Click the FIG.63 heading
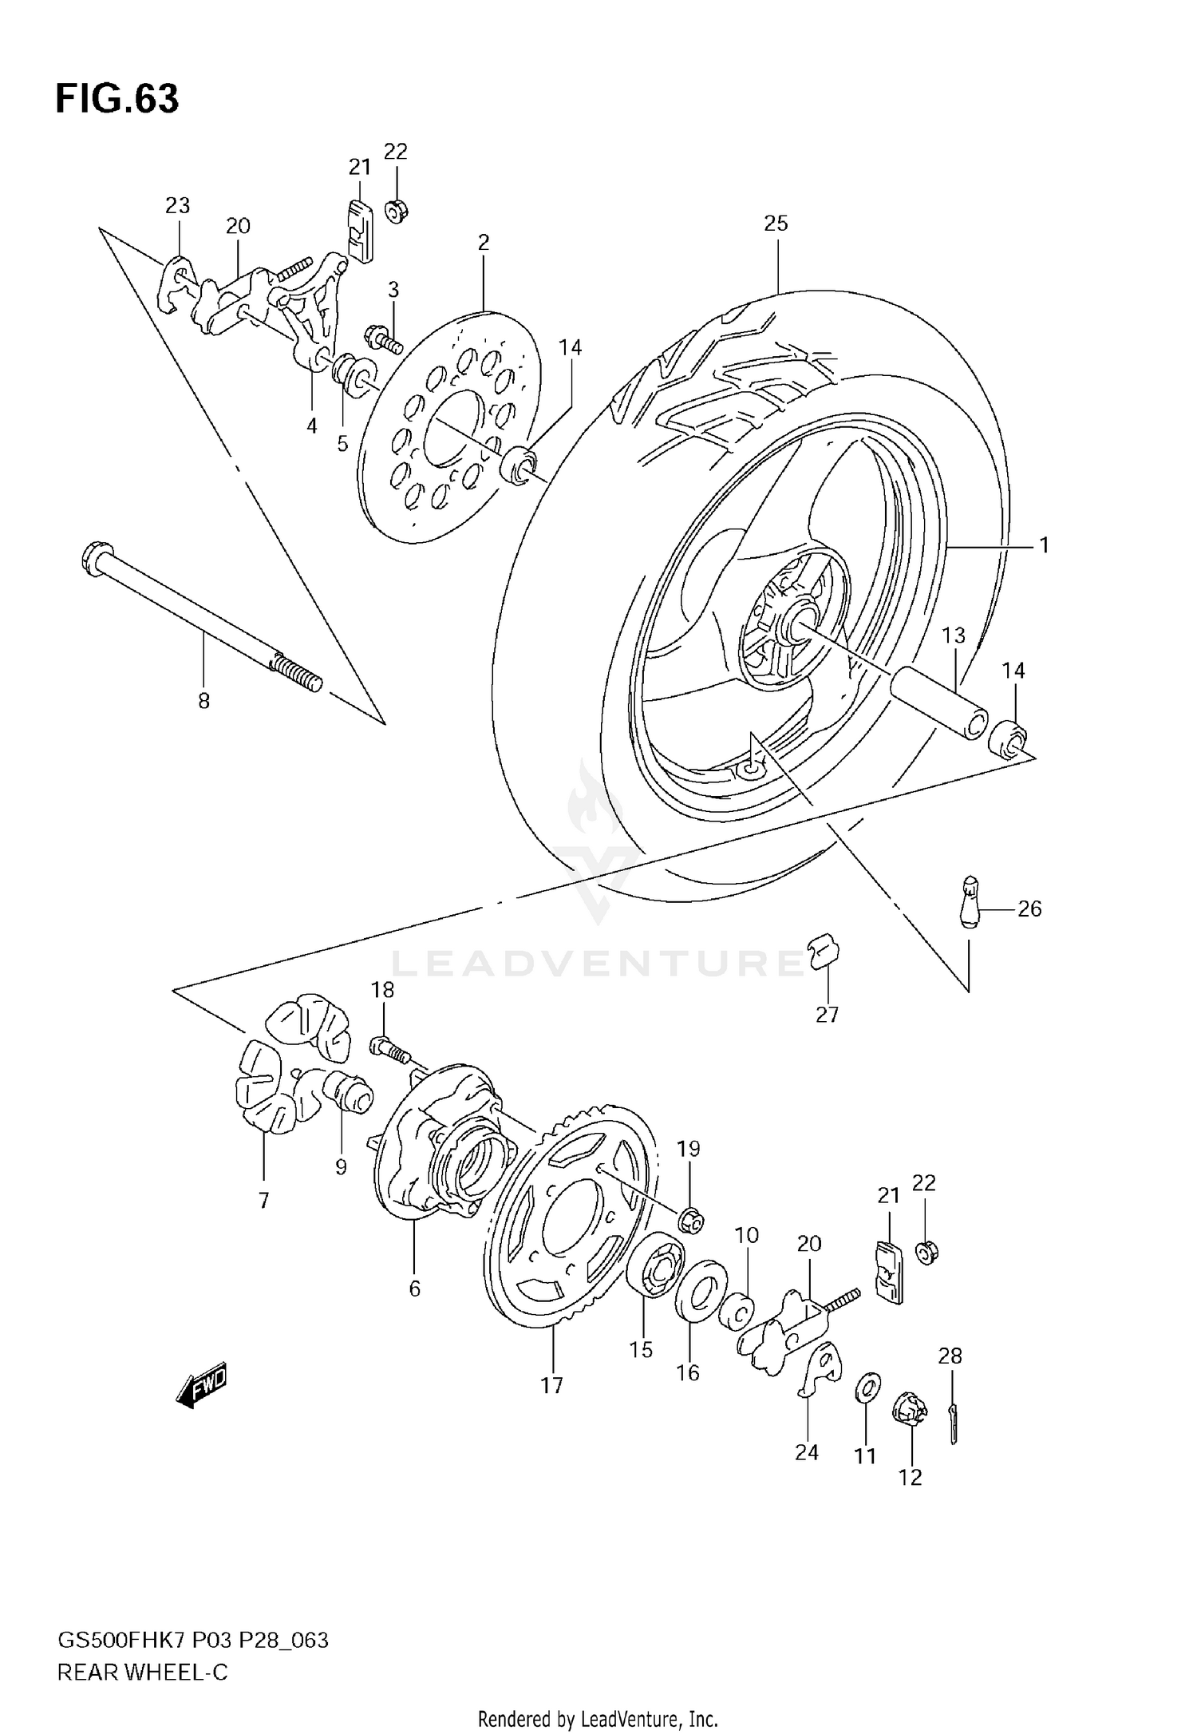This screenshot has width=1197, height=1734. click(117, 99)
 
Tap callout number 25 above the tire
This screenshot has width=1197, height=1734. click(775, 224)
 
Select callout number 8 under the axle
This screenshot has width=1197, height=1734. click(203, 702)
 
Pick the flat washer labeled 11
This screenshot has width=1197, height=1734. click(866, 1388)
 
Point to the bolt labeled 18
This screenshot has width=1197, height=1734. click(389, 1048)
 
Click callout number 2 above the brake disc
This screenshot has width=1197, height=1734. click(483, 243)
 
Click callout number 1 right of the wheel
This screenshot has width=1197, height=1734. click(1044, 545)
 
